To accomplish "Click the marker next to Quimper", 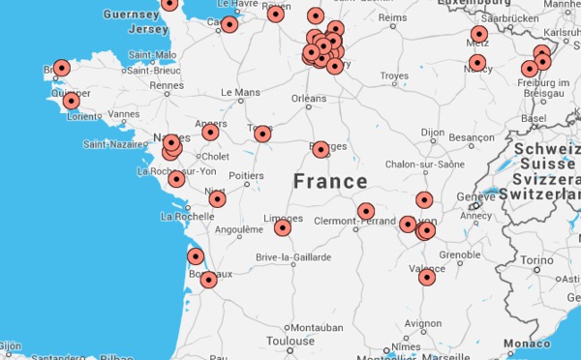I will point(71,101).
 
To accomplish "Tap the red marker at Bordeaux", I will point(208,280).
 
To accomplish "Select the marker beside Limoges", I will point(282,227).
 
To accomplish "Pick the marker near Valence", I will point(426,277).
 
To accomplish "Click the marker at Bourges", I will point(321,148).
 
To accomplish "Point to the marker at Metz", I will point(478,35).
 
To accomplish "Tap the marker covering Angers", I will point(210,132).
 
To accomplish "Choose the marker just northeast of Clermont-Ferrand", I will point(365,211).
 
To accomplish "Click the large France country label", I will point(330,181).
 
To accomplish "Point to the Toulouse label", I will point(290,341).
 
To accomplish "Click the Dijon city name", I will point(432,132).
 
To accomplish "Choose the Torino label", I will point(536,261).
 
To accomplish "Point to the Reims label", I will point(392,17).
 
